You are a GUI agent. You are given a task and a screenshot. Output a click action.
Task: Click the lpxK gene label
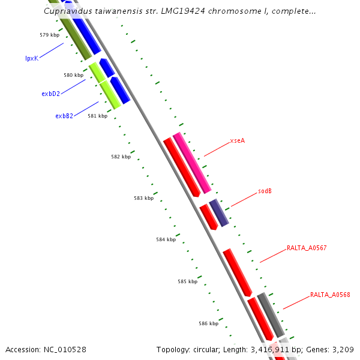pyautogui.click(x=31, y=58)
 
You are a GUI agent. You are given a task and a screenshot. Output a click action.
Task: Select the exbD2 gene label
pyautogui.click(x=50, y=94)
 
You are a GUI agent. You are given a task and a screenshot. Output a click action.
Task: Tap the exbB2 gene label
pyautogui.click(x=64, y=116)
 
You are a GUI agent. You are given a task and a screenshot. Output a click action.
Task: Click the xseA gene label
pyautogui.click(x=238, y=141)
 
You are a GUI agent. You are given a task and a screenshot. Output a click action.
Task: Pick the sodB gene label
pyautogui.click(x=265, y=191)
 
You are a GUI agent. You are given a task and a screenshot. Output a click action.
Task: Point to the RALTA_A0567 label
pyautogui.click(x=307, y=248)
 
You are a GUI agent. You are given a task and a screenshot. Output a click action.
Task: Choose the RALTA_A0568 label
pyautogui.click(x=330, y=295)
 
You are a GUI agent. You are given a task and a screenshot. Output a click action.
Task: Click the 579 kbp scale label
pyautogui.click(x=50, y=35)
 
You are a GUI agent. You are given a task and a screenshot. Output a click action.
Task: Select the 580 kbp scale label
pyautogui.click(x=73, y=75)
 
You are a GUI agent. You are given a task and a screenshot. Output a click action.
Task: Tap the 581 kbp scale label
pyautogui.click(x=97, y=116)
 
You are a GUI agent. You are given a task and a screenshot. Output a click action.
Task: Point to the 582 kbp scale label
pyautogui.click(x=121, y=157)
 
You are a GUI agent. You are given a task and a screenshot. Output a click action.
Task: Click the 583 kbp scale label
pyautogui.click(x=143, y=198)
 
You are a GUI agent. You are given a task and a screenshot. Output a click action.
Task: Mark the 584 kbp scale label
pyautogui.click(x=166, y=239)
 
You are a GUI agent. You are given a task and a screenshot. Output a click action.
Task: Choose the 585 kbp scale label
pyautogui.click(x=187, y=281)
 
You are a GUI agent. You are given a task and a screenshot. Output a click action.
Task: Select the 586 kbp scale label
pyautogui.click(x=208, y=323)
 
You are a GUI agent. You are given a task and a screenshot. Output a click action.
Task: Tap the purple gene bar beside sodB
pyautogui.click(x=219, y=213)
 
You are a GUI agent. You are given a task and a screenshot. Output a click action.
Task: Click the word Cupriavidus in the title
pyautogui.click(x=68, y=11)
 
